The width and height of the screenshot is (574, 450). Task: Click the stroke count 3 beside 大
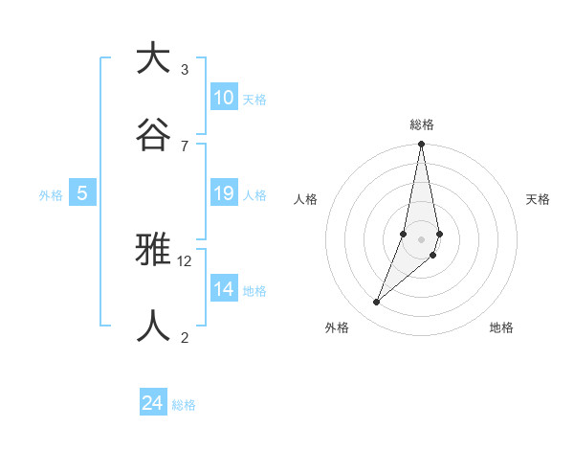(184, 70)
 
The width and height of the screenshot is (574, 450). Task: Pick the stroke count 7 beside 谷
(184, 146)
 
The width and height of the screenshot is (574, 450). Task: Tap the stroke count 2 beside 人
(184, 337)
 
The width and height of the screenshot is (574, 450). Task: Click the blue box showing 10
(224, 98)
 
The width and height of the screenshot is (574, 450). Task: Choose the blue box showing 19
(224, 194)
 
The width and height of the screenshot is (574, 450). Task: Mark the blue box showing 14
(224, 289)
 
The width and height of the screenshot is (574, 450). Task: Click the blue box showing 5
(82, 194)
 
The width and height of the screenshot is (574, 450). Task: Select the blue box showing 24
(153, 403)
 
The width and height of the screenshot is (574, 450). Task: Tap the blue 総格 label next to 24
(184, 405)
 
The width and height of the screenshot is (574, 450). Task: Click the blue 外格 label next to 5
(51, 195)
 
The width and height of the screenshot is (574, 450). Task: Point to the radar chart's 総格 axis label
(422, 124)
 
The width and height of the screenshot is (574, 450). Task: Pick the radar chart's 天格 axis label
(539, 199)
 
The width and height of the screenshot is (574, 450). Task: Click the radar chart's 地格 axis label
(501, 327)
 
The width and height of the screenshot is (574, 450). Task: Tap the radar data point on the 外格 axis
(377, 303)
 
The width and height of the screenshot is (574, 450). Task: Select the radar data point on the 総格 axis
(422, 145)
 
